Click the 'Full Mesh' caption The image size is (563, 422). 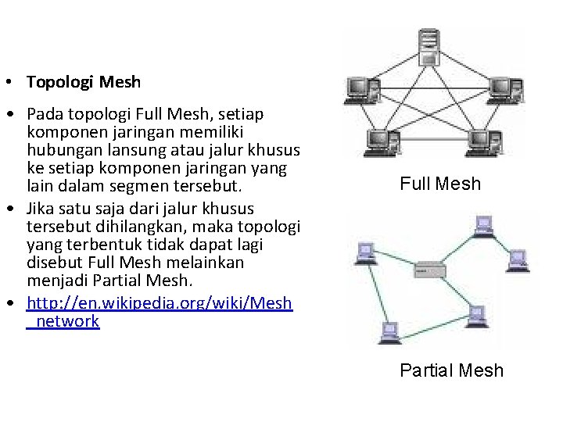tap(440, 184)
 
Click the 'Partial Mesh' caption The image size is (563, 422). tap(451, 370)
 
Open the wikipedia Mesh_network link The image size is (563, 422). tap(160, 312)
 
